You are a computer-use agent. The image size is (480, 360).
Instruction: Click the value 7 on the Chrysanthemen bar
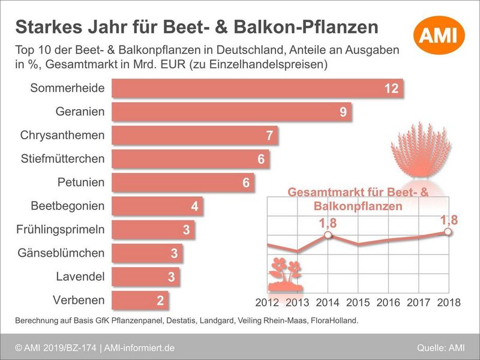click(x=270, y=136)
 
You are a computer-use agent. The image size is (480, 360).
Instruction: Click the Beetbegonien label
click(x=67, y=206)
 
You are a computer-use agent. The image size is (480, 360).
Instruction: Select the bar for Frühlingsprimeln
click(x=154, y=230)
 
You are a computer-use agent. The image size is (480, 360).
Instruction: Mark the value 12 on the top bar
click(x=391, y=89)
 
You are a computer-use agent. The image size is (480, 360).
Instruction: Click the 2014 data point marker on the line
click(x=328, y=235)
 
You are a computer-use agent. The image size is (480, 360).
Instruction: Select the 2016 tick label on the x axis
click(x=388, y=302)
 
